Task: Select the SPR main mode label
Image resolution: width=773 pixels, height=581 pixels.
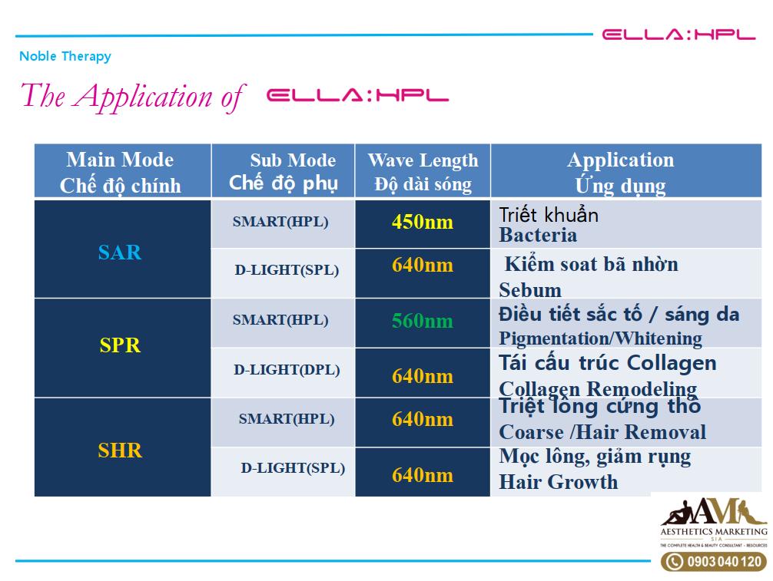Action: point(120,345)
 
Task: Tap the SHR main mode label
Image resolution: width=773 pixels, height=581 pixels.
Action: point(120,451)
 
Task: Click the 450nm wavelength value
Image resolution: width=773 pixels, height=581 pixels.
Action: point(423,222)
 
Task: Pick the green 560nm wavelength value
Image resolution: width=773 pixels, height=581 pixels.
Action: point(423,321)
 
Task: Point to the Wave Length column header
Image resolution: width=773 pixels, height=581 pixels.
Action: point(423,171)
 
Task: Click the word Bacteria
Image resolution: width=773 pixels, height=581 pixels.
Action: point(538,236)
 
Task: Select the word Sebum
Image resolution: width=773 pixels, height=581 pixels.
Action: point(530,290)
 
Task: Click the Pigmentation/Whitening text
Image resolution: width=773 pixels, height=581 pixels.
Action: point(600,338)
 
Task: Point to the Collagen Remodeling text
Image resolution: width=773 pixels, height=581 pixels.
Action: point(598,389)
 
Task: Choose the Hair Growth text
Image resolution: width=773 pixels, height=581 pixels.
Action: point(558,481)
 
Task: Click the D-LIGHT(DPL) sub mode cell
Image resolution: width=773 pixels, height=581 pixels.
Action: point(287,370)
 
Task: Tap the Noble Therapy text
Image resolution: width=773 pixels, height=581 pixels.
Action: point(65,57)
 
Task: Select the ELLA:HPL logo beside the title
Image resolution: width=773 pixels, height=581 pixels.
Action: point(357,95)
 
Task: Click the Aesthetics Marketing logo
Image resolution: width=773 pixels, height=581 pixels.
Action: point(713,523)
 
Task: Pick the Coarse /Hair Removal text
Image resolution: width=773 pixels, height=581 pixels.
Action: point(602,432)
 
